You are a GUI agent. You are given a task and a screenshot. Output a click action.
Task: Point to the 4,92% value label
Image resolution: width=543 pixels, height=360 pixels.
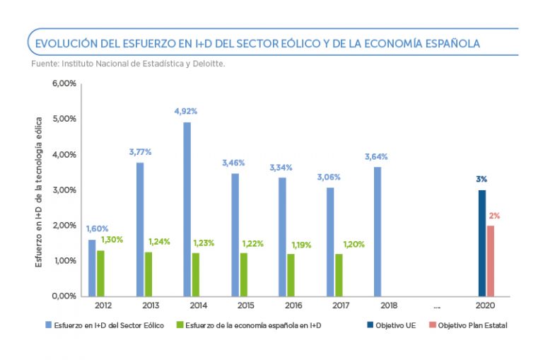[186, 111]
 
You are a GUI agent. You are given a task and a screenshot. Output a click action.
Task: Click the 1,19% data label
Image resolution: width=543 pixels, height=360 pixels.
[302, 245]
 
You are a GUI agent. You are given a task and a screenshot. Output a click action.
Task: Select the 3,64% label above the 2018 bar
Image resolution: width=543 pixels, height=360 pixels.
[376, 156]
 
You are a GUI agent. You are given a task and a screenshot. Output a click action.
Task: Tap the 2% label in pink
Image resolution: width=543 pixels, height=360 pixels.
[494, 215]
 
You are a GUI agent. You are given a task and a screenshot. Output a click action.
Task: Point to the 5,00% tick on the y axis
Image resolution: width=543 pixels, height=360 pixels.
[65, 119]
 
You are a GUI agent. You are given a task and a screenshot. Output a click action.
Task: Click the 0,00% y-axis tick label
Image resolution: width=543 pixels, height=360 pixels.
[65, 296]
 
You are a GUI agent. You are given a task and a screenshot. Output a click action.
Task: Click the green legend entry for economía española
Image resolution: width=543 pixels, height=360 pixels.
[251, 325]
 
